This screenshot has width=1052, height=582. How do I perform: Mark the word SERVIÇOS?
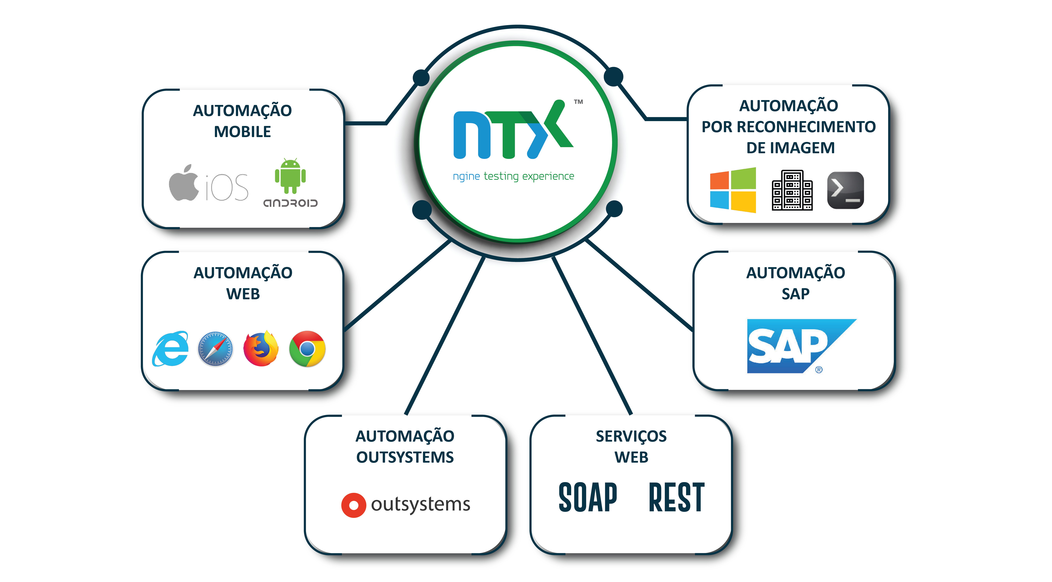631,436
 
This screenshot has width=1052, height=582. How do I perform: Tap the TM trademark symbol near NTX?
578,102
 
